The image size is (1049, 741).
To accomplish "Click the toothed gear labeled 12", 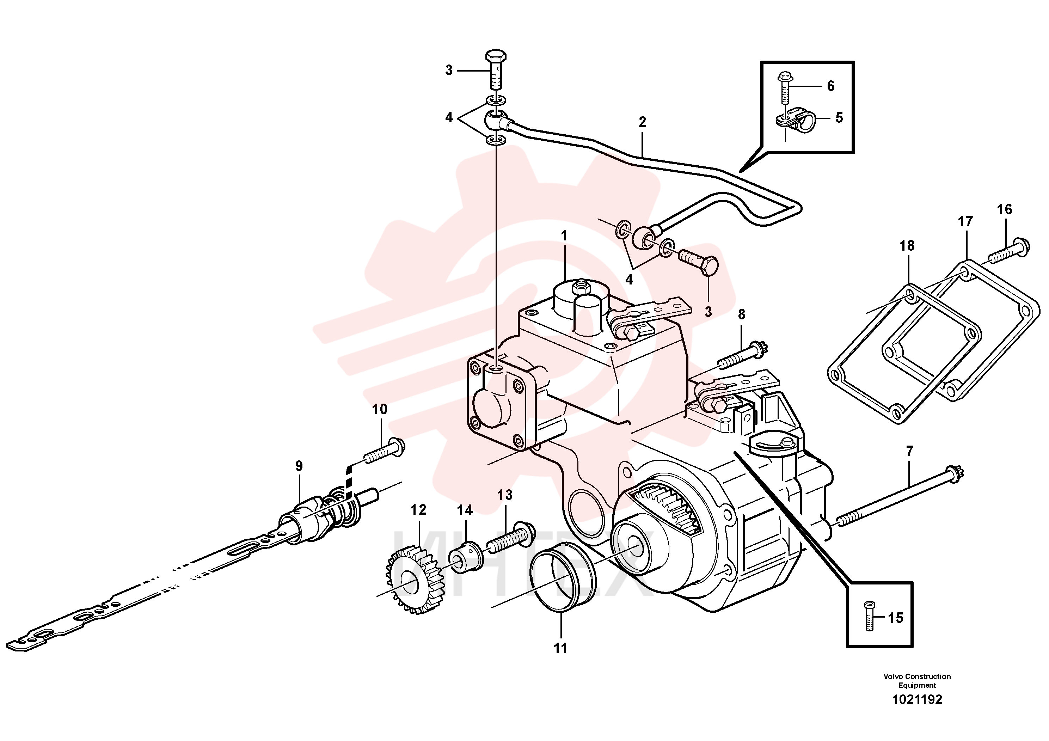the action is (x=414, y=581).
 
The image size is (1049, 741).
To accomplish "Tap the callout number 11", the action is (x=560, y=648).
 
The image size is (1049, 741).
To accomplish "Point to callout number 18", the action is (x=907, y=246).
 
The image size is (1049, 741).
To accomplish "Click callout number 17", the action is (x=965, y=222).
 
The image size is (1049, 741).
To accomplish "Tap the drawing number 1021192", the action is (x=917, y=699).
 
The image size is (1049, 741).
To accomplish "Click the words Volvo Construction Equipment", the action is (x=917, y=681).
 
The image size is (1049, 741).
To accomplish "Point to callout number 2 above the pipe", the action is (x=642, y=122).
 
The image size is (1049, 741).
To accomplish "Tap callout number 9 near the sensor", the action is (x=299, y=466).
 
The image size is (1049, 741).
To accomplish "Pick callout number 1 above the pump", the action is (x=564, y=236).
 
